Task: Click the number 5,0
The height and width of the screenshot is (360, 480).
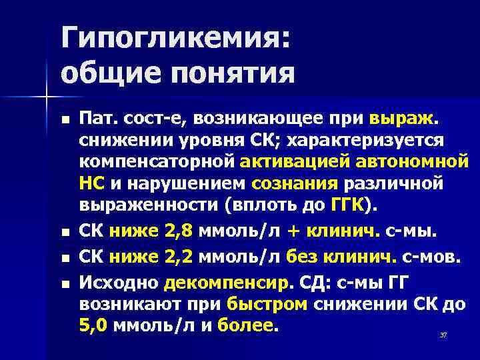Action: [x=95, y=325]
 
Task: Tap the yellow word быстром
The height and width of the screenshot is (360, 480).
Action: [x=267, y=304]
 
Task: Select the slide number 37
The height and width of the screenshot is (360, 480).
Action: [x=443, y=334]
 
